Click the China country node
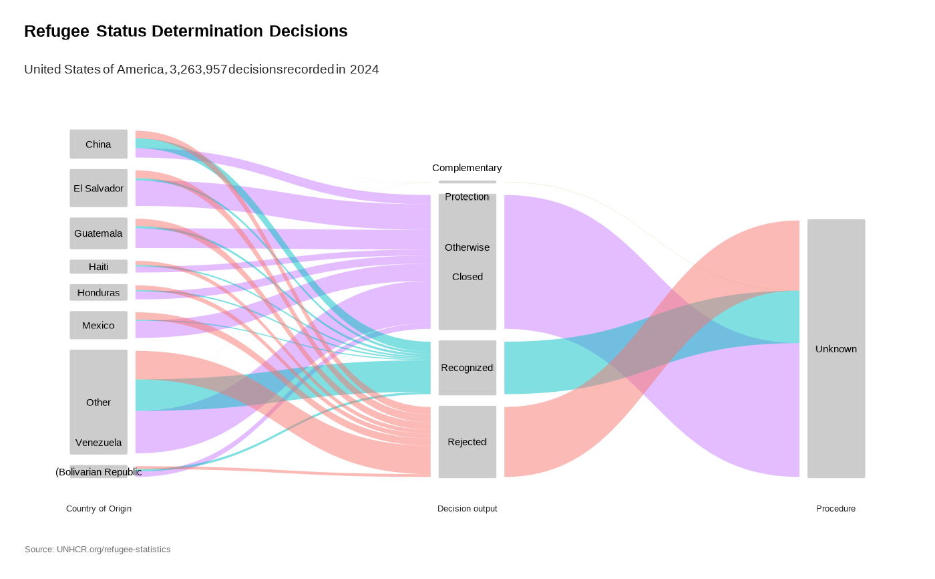tap(98, 144)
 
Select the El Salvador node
tap(98, 189)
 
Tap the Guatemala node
tap(98, 233)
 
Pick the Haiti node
tap(98, 267)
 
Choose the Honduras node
tap(98, 293)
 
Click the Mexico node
tap(98, 326)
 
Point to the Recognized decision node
tap(467, 368)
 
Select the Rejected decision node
tap(467, 442)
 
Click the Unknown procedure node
tap(835, 349)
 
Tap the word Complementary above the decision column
tap(467, 168)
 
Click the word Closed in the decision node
tap(467, 277)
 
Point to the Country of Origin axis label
tap(99, 509)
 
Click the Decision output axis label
tap(467, 509)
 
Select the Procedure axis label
tap(835, 509)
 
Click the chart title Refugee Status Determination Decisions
tap(186, 31)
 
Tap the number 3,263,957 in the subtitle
tap(198, 70)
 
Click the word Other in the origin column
tap(98, 402)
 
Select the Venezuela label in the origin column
tap(98, 443)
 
